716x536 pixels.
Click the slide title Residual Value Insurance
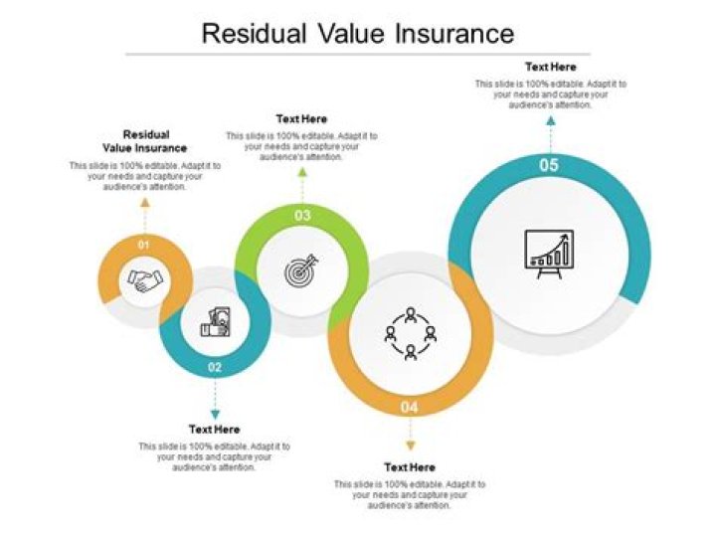[358, 34]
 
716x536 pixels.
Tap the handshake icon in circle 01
[146, 281]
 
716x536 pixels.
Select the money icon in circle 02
[215, 323]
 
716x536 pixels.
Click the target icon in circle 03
[300, 269]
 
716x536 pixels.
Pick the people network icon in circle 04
[410, 334]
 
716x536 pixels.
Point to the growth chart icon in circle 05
[549, 254]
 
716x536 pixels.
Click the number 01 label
[144, 244]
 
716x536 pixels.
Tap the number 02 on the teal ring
[215, 367]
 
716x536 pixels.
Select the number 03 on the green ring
[302, 215]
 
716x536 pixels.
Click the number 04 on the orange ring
[410, 408]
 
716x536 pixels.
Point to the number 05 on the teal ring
[549, 166]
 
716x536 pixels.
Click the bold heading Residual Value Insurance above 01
[145, 141]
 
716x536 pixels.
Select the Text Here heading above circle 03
[301, 119]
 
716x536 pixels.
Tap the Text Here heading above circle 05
[550, 68]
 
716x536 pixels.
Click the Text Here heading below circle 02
[215, 430]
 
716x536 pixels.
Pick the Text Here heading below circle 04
[410, 466]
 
